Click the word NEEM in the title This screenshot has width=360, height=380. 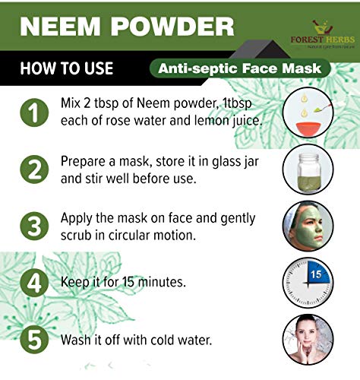click(60, 27)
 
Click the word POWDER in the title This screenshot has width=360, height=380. click(172, 27)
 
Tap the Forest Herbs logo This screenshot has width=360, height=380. click(323, 34)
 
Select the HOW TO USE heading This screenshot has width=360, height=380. click(67, 68)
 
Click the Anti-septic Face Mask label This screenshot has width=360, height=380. click(240, 68)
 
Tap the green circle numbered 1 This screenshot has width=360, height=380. click(34, 112)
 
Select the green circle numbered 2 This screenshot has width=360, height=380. click(34, 169)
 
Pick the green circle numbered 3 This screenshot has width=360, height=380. click(34, 226)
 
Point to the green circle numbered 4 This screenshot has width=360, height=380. click(34, 283)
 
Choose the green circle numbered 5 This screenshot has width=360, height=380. click(34, 340)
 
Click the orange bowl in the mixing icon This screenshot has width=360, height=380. click(308, 128)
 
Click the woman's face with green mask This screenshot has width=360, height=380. click(308, 226)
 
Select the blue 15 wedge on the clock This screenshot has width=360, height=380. click(318, 273)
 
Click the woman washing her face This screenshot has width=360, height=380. click(308, 340)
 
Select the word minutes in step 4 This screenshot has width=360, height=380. click(162, 282)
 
